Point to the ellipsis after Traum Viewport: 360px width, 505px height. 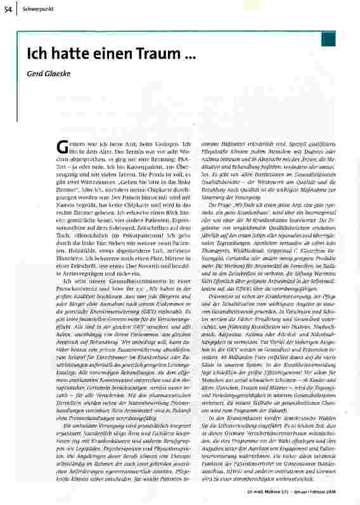click(x=186, y=57)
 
